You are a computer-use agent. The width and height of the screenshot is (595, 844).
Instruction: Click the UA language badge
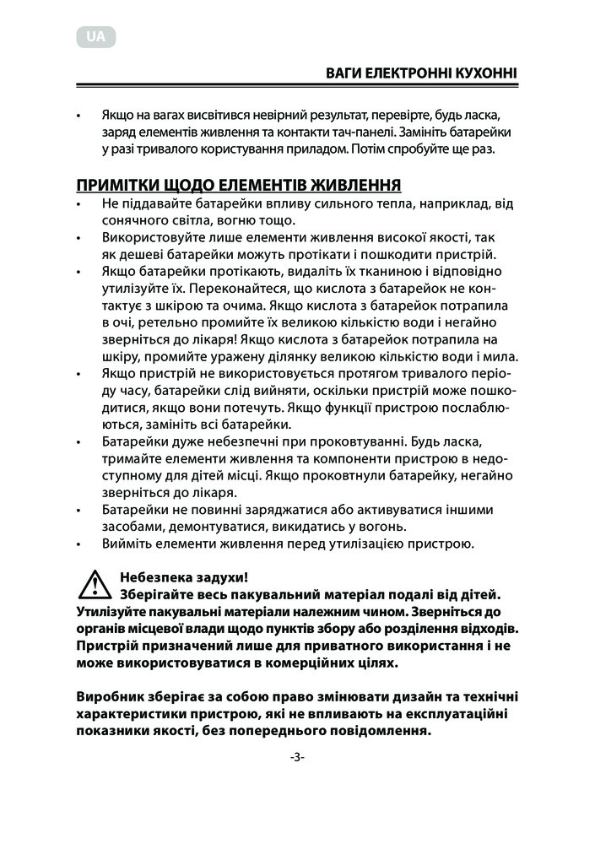95,36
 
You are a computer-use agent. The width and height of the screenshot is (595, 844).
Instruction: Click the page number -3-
297,757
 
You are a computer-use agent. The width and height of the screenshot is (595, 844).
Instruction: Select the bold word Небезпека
157,578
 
